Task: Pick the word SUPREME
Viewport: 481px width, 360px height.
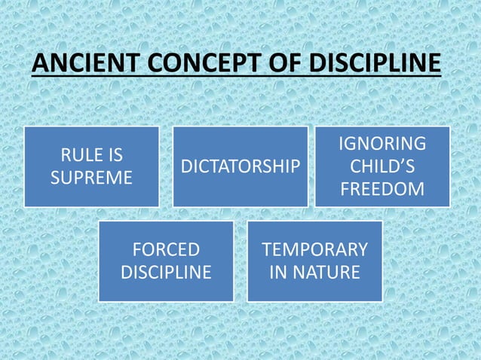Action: tap(90, 178)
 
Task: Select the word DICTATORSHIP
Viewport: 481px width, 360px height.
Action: tap(240, 167)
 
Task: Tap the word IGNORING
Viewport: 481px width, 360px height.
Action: tap(382, 143)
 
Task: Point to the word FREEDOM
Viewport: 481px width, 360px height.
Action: tap(382, 189)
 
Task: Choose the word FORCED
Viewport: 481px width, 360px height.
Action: tap(166, 249)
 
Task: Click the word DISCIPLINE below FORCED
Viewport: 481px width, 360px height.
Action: tap(166, 272)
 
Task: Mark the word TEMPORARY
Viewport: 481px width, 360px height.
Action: tap(315, 249)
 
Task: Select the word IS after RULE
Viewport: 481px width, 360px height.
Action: tap(115, 157)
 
